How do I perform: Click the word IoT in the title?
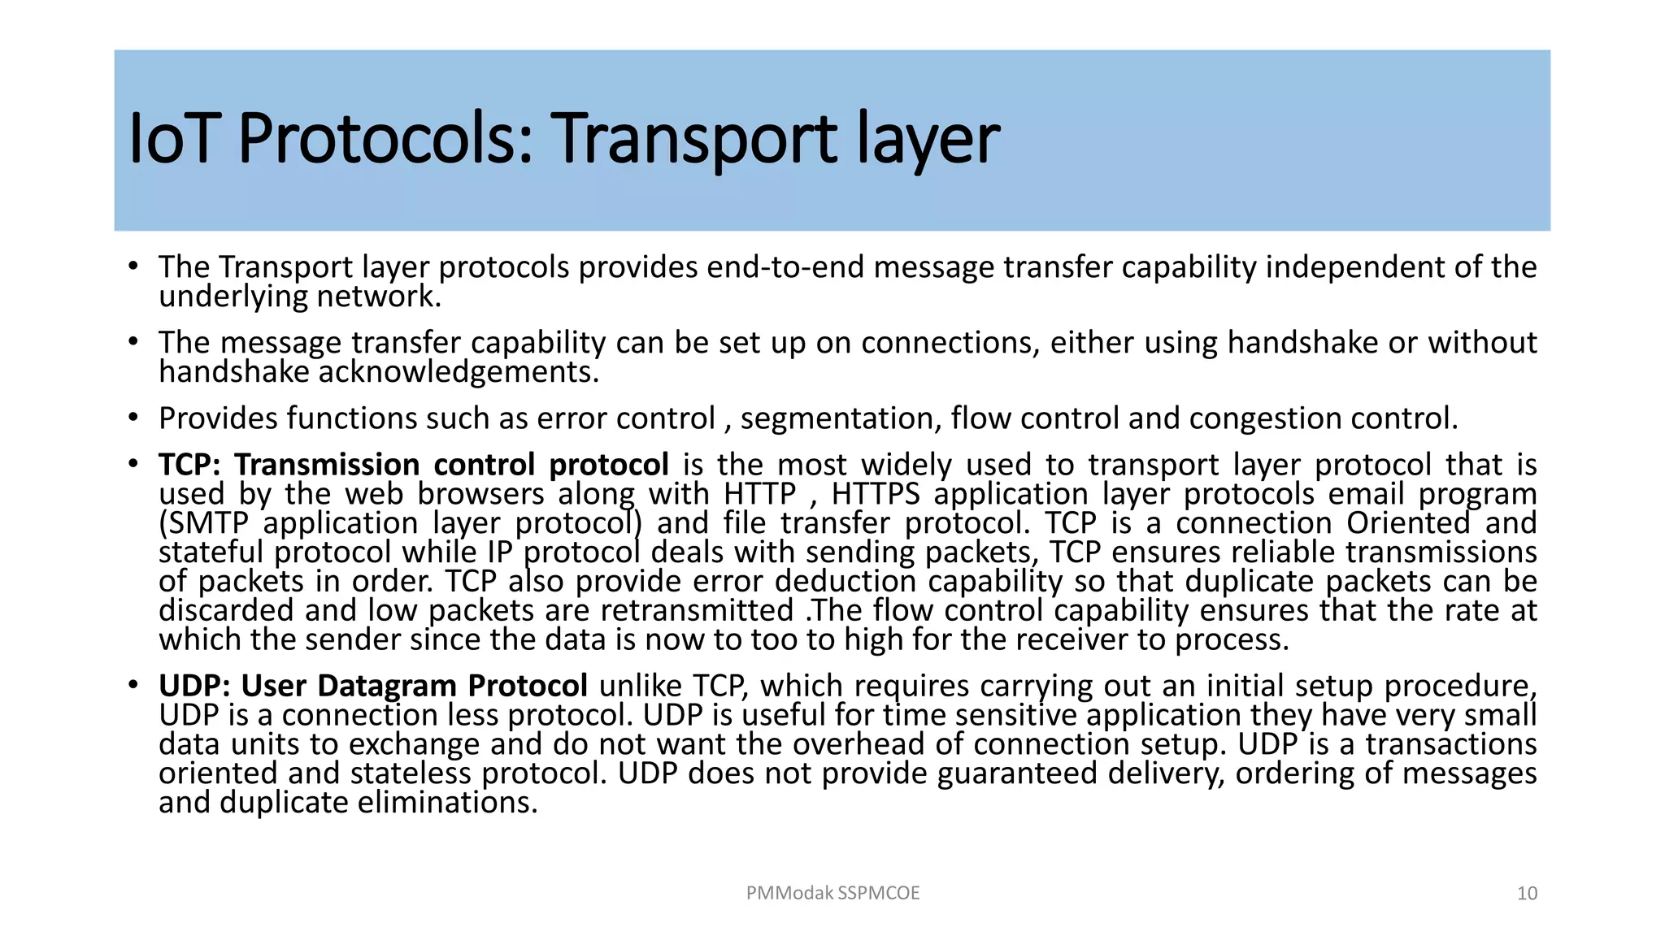pos(172,139)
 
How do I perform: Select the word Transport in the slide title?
pos(694,139)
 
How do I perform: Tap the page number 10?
pos(1527,894)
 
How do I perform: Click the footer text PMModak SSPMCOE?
pos(832,893)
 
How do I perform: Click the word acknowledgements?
pos(459,372)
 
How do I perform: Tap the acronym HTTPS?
pos(876,494)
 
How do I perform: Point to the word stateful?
pos(211,552)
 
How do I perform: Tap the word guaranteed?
pos(1017,773)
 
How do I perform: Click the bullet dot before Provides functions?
pos(133,418)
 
